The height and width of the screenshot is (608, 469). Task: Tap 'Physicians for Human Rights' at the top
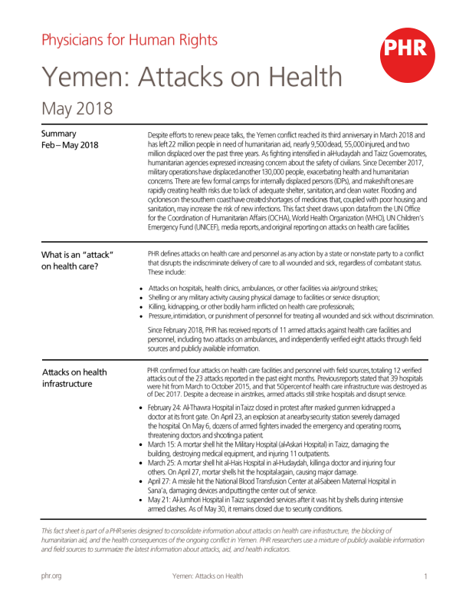point(129,40)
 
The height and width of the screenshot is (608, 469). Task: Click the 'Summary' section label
point(59,134)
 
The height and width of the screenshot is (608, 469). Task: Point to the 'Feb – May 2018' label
point(70,145)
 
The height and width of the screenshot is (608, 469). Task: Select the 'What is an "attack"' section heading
point(77,255)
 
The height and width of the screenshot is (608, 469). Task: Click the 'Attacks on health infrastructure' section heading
point(75,378)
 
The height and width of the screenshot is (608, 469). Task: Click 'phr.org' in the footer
point(51,576)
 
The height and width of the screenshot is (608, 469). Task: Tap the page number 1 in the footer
point(425,576)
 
